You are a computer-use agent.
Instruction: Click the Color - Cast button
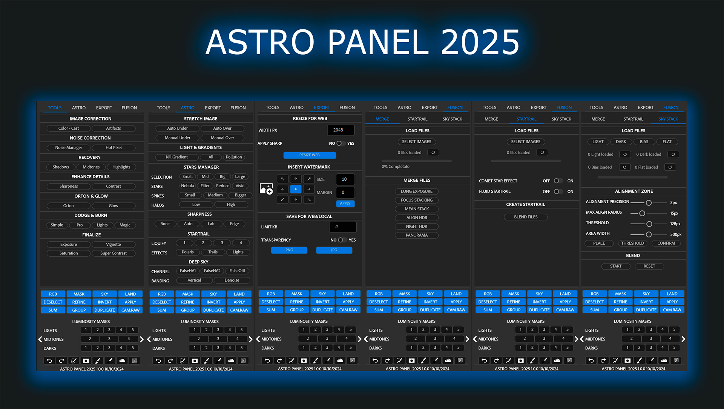[69, 129]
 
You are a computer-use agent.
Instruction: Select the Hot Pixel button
[114, 148]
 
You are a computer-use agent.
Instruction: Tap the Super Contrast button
[114, 253]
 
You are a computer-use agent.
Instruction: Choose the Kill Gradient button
[177, 157]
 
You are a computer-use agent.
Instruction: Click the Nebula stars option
[187, 186]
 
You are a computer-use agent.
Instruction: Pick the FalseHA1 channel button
[188, 271]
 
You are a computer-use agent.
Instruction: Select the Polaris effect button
[188, 252]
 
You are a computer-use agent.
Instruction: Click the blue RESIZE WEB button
[310, 155]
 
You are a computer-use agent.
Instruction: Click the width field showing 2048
[341, 130]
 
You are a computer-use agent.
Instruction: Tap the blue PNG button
[289, 250]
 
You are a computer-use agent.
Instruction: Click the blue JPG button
[334, 250]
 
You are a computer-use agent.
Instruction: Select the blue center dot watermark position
[296, 189]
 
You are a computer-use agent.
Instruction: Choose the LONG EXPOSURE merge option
[417, 191]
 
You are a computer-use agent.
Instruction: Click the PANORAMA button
[417, 235]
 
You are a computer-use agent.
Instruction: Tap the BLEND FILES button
[526, 217]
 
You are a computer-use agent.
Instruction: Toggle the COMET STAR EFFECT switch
[558, 181]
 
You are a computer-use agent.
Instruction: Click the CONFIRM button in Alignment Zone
[666, 244]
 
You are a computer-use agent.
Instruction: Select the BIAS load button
[644, 142]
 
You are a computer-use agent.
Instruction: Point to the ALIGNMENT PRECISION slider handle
[649, 203]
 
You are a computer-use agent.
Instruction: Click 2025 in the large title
[480, 42]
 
